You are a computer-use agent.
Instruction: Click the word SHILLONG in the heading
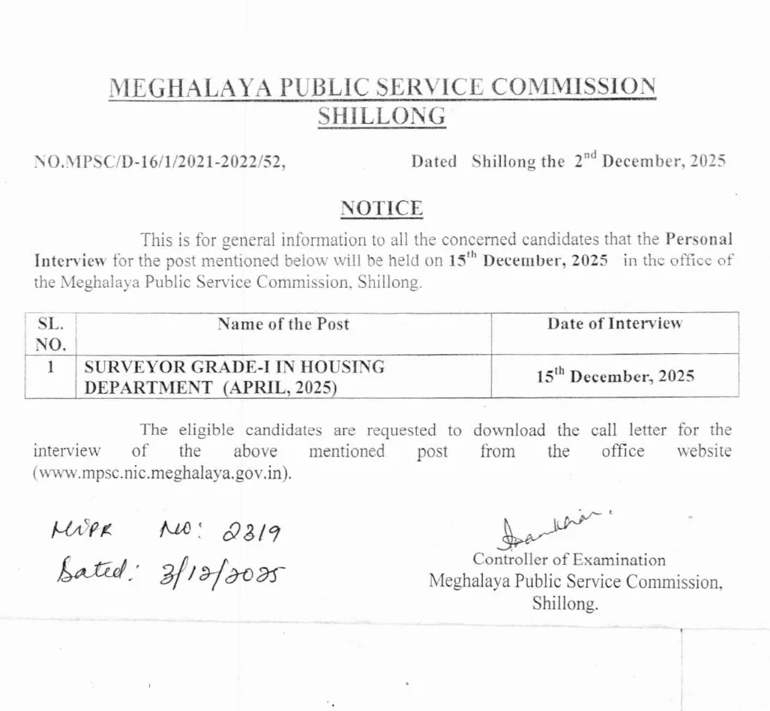pyautogui.click(x=382, y=117)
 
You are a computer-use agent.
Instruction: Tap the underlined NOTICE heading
pyautogui.click(x=382, y=208)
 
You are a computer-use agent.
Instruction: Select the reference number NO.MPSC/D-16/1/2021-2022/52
pyautogui.click(x=160, y=162)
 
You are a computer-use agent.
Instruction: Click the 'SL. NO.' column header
pyautogui.click(x=50, y=334)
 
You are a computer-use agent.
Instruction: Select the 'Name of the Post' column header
pyautogui.click(x=283, y=325)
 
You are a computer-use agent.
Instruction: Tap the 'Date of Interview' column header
pyautogui.click(x=614, y=324)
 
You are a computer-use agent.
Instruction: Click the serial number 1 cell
pyautogui.click(x=50, y=368)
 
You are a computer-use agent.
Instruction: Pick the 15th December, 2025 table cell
pyautogui.click(x=614, y=376)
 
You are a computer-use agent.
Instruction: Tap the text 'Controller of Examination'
pyautogui.click(x=568, y=559)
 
